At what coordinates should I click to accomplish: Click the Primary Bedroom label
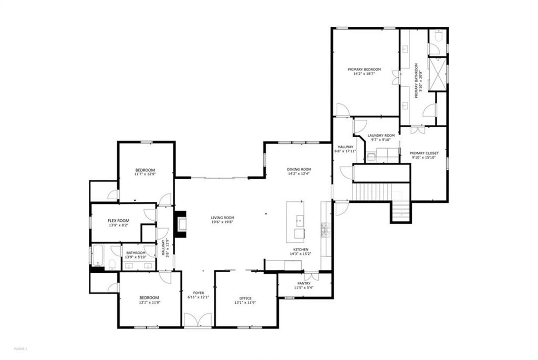click(x=364, y=69)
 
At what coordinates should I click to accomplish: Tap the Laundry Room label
click(x=381, y=135)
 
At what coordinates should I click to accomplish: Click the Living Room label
click(x=223, y=217)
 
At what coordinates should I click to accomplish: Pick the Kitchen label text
click(x=301, y=250)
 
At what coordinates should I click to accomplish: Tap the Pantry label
click(x=304, y=283)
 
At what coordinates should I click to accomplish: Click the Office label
click(x=245, y=298)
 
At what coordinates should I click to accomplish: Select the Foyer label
click(x=199, y=293)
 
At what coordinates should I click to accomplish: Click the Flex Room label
click(x=119, y=221)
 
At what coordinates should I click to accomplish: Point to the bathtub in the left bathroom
click(x=99, y=257)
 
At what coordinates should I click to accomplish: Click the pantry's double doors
click(x=311, y=275)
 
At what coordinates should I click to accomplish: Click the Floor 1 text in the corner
click(x=20, y=348)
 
